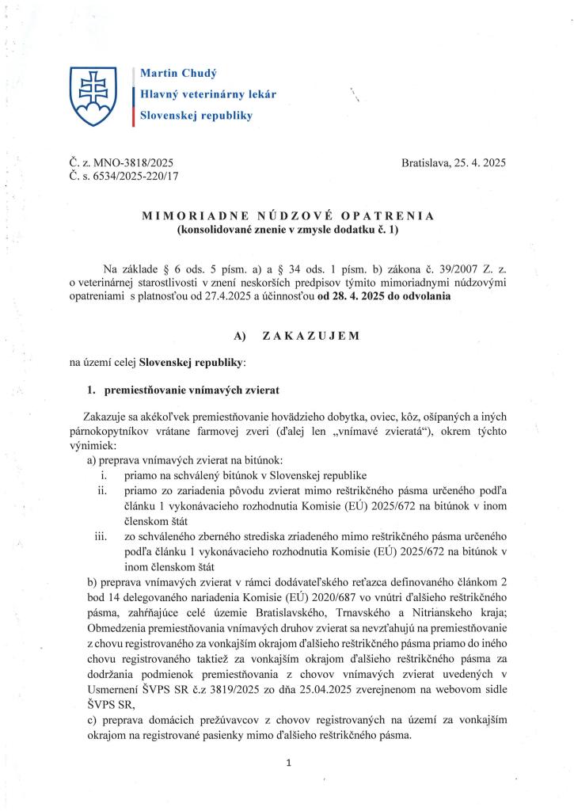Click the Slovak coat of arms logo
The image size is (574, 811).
click(x=92, y=94)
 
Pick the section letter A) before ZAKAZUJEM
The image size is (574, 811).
click(x=243, y=336)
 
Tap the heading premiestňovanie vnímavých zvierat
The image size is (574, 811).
click(x=191, y=390)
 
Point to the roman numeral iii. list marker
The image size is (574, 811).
click(x=101, y=538)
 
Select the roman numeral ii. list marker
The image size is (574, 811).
click(x=102, y=491)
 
